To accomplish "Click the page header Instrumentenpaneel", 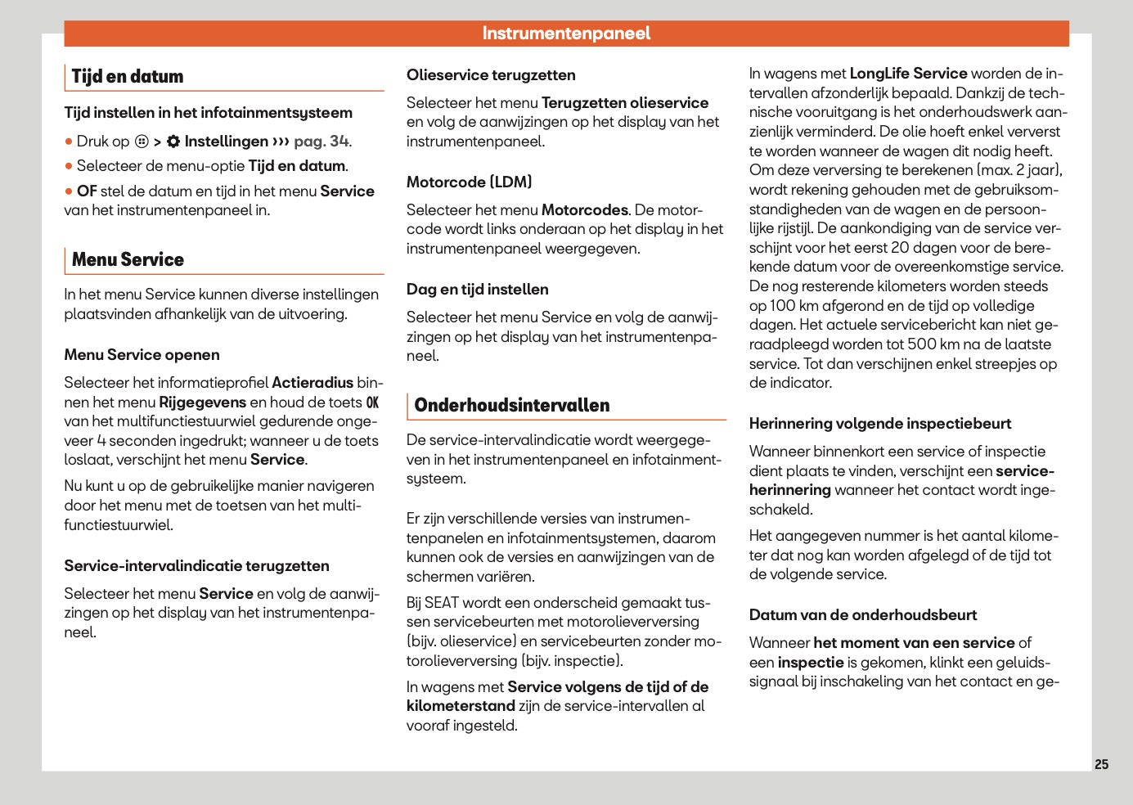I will point(566,34).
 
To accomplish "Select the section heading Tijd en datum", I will point(127,77).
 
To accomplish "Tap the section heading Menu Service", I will point(128,260).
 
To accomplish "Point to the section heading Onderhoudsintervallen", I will point(511,406).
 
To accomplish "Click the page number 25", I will point(1101,764).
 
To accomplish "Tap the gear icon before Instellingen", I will point(173,142).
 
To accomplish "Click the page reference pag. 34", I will point(321,142).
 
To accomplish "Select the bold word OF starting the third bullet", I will point(87,191).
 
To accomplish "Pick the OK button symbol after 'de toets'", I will point(372,402).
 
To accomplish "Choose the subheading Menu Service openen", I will point(142,355).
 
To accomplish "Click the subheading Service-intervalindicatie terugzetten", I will point(196,566).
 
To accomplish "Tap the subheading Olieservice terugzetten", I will point(491,75).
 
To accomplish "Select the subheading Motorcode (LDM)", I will point(469,182).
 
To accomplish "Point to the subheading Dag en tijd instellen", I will point(477,290).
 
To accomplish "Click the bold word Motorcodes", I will point(584,210).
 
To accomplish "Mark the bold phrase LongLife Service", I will point(908,74).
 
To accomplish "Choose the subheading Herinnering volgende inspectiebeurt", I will point(880,424).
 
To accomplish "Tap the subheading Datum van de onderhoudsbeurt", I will point(863,615).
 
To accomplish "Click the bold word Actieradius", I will point(312,383).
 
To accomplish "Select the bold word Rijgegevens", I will point(202,402).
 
